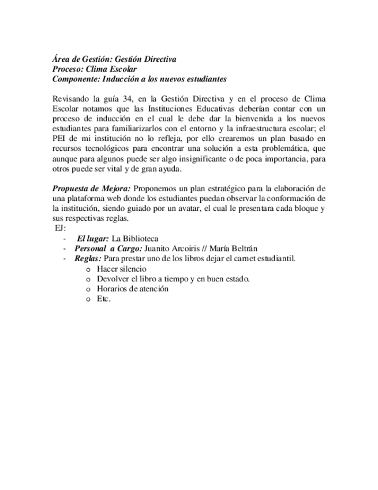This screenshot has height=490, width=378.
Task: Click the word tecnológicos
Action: (x=106, y=148)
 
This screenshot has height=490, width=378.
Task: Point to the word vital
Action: (x=119, y=168)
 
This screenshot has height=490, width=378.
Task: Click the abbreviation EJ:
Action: (x=59, y=228)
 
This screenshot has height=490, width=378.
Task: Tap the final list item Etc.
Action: (x=103, y=298)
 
